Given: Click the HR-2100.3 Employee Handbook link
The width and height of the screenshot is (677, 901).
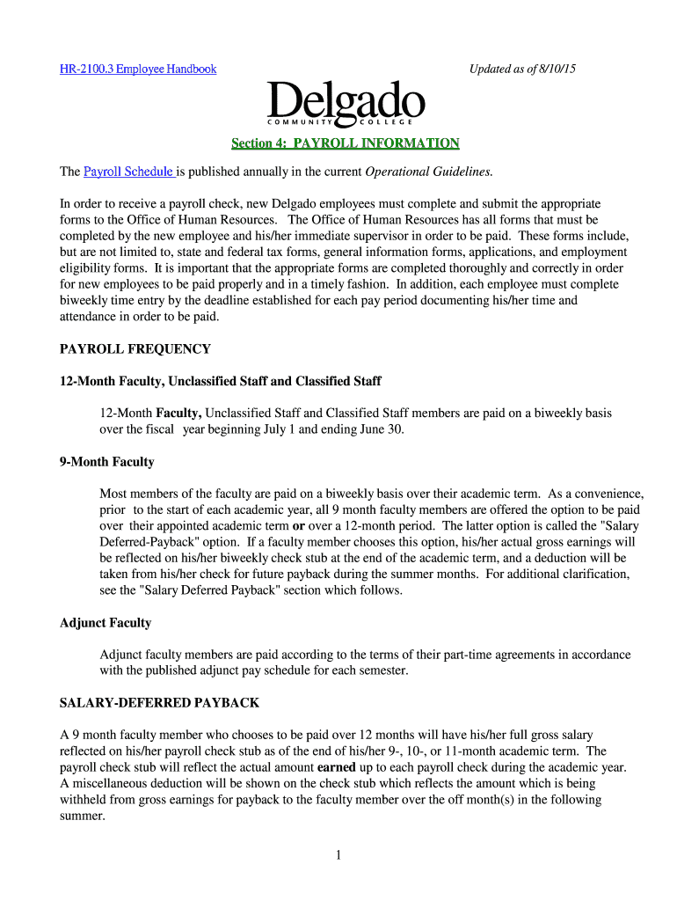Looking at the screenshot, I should click(138, 69).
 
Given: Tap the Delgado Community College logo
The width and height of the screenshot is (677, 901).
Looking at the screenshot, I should click(346, 105).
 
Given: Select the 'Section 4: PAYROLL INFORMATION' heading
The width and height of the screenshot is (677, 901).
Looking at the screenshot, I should click(345, 143).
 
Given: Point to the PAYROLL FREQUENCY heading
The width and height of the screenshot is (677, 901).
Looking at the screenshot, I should click(135, 349).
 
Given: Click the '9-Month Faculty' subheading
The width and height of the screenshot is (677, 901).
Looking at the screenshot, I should click(107, 462).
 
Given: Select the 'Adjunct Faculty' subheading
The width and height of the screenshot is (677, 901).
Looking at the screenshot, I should click(106, 623).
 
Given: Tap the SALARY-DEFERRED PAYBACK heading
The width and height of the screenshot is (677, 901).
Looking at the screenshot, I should click(159, 704).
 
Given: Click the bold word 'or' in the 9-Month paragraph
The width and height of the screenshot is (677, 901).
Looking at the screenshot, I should click(299, 526).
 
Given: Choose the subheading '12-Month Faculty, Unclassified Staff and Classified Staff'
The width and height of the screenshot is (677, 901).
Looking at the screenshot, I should click(221, 381).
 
